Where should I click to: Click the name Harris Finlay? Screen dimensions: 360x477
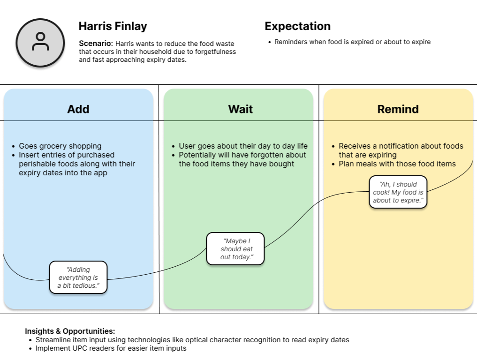coord(113,26)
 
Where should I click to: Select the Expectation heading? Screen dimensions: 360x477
coord(297,26)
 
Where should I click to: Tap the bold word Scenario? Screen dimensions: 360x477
coord(96,44)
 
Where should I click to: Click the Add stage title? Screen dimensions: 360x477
coord(78,109)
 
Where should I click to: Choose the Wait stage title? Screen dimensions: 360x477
coord(240,109)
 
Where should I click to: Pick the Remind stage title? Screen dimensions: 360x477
coord(398,109)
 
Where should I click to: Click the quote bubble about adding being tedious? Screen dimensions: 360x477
coord(78,277)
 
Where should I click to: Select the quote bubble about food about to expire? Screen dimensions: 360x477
coord(398,192)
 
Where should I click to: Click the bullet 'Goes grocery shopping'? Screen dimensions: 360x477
coord(60,146)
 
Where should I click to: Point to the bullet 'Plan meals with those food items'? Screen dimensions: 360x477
coord(397,164)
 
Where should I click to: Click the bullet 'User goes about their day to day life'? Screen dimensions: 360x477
coord(243,146)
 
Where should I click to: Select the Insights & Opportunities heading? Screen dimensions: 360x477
coord(70,331)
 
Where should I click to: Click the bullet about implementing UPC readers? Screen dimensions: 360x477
coord(111,348)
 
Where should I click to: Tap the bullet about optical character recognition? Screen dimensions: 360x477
coord(192,340)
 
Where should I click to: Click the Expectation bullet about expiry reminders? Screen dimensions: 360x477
coord(352,42)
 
